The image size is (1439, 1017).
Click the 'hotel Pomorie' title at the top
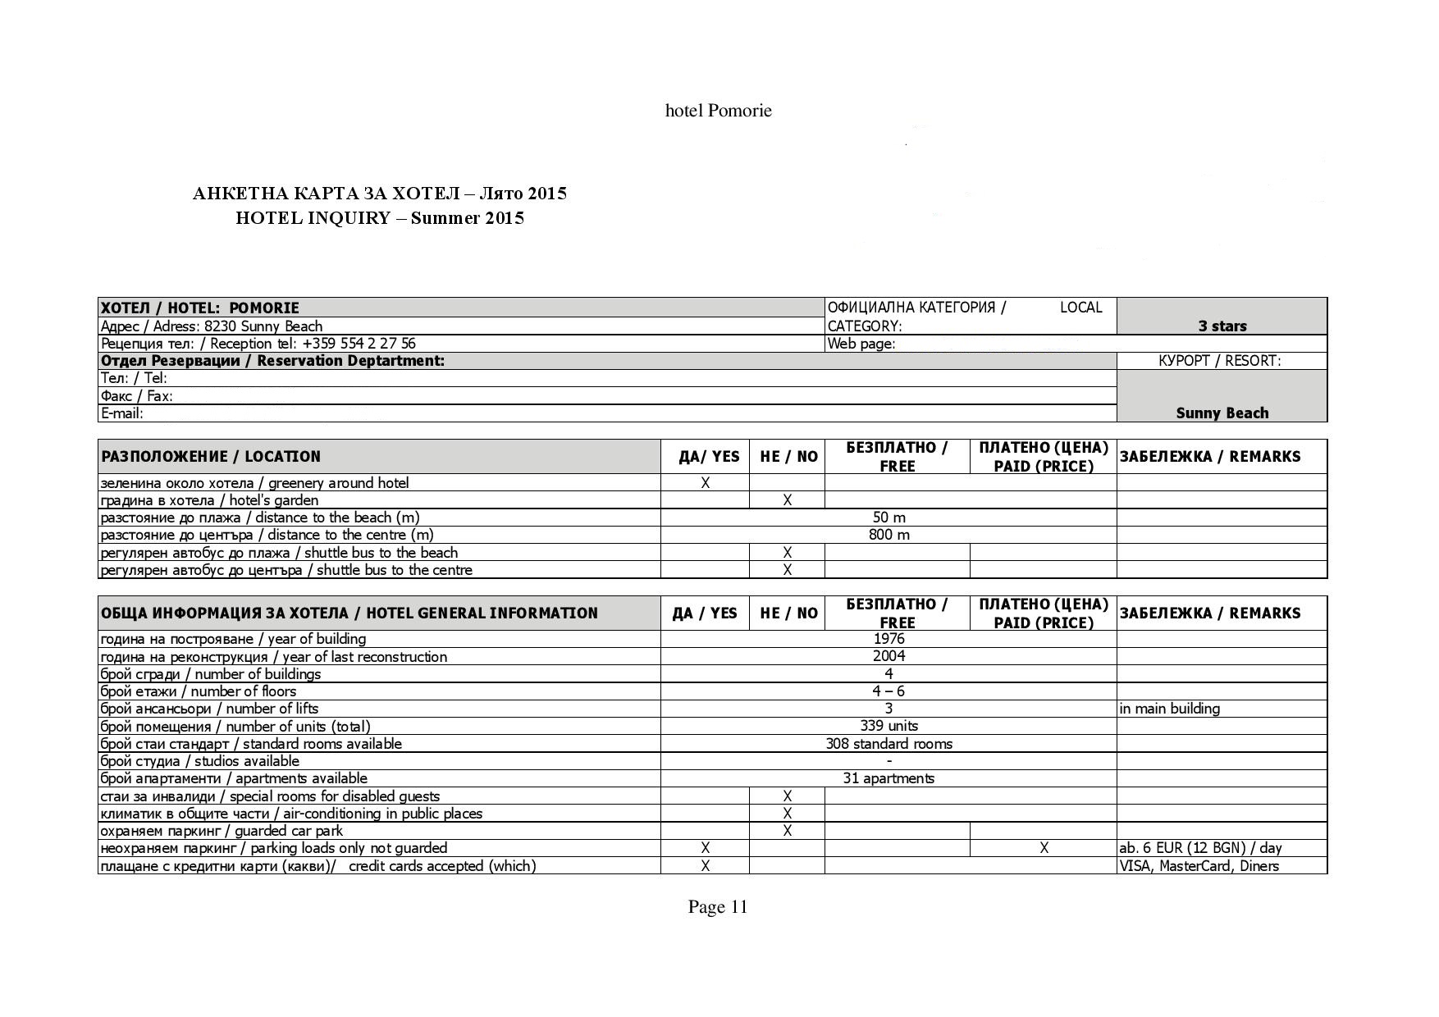[x=718, y=111]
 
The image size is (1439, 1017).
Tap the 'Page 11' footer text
[x=718, y=906]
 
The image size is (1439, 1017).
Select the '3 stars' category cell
[x=1222, y=326]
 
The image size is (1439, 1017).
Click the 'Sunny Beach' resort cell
[x=1222, y=413]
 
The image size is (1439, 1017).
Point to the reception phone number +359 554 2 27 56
[x=359, y=344]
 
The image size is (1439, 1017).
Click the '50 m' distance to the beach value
[x=889, y=518]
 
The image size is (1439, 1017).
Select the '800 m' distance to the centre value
[x=889, y=535]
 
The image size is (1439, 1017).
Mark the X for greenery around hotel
[x=705, y=483]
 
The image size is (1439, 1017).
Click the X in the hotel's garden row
[x=787, y=499]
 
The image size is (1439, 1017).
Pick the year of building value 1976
[x=889, y=638]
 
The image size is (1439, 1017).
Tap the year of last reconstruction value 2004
[x=889, y=656]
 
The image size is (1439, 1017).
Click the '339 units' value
[x=889, y=726]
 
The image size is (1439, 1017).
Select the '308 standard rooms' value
[x=889, y=744]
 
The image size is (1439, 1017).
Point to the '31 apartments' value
[x=889, y=778]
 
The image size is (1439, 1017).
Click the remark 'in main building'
[x=1169, y=709]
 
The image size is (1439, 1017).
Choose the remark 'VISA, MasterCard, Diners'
[x=1199, y=866]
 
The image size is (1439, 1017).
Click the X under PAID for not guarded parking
[x=1044, y=848]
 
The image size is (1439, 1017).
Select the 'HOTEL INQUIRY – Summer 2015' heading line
[x=380, y=218]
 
